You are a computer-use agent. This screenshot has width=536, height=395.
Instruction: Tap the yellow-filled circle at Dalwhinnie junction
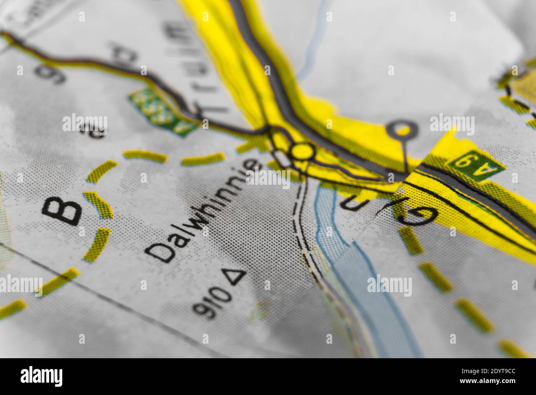303,151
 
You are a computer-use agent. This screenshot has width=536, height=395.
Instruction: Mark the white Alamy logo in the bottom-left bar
41,376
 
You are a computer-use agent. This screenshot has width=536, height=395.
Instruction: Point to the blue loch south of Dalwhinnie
363,289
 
